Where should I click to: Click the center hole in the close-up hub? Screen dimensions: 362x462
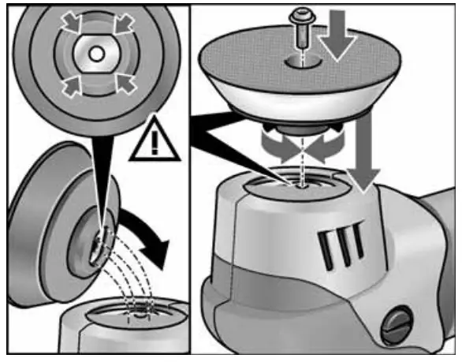[x=93, y=53]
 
